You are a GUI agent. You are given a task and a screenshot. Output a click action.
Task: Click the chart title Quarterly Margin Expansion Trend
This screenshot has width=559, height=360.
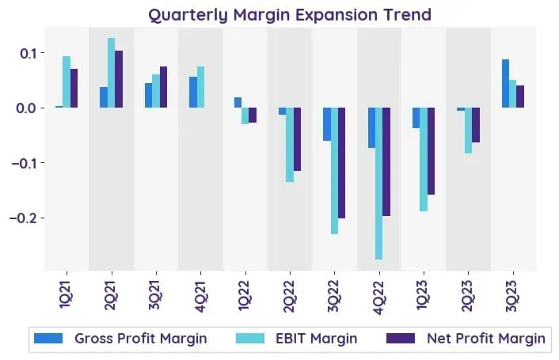290,15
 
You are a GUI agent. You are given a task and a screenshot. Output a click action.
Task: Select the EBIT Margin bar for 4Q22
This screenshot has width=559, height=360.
379,184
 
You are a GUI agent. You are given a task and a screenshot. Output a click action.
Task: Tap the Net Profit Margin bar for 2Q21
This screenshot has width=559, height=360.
119,79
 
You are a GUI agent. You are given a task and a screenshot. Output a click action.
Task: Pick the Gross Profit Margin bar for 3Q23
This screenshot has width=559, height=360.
505,83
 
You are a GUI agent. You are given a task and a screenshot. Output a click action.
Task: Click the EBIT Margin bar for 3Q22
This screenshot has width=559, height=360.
334,171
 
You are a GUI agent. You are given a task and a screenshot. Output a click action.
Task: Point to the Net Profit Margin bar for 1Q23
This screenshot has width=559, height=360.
431,151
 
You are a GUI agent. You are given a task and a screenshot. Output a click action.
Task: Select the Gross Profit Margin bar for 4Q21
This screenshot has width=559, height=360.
193,93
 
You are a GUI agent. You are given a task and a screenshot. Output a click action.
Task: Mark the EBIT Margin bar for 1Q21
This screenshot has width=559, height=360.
67,82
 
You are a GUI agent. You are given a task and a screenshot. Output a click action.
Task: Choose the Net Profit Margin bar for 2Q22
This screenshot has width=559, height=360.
297,139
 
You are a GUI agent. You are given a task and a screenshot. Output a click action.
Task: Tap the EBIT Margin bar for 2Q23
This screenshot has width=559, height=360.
469,131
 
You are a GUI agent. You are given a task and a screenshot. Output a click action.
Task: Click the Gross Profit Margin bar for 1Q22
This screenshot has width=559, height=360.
238,102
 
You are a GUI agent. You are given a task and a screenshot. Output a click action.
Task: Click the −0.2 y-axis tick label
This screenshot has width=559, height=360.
22,218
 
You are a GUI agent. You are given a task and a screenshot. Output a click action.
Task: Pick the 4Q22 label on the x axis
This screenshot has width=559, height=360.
379,297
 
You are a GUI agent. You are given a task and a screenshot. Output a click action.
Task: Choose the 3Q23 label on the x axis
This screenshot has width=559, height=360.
513,296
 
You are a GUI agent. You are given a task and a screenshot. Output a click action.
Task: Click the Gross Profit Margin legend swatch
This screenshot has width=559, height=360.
48,339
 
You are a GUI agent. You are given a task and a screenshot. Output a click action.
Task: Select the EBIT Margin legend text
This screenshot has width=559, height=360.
316,339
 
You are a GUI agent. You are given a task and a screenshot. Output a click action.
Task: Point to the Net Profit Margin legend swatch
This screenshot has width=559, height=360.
401,339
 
